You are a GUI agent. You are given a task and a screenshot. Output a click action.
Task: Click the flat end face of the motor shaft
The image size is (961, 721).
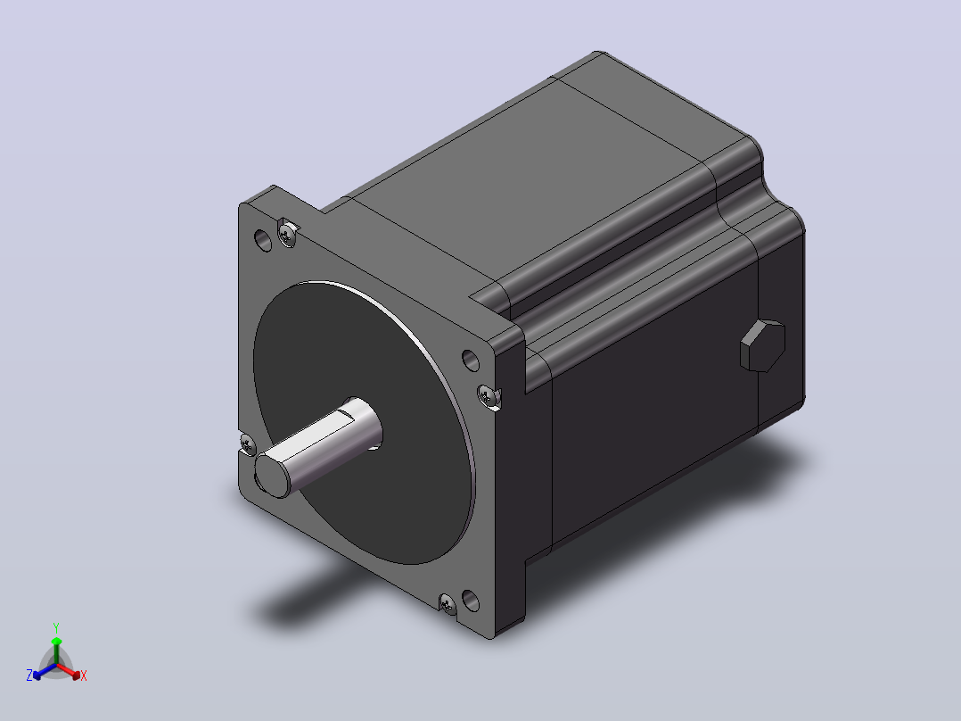click(272, 475)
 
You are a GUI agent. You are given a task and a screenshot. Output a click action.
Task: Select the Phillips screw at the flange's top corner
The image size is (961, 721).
click(287, 233)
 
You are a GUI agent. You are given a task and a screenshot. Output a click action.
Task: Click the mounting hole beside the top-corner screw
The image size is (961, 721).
click(262, 240)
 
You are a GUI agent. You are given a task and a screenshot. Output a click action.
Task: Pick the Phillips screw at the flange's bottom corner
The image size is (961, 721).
click(448, 604)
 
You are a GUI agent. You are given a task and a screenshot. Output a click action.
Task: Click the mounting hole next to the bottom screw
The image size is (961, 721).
click(470, 601)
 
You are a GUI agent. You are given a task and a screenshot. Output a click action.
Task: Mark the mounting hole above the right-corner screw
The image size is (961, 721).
click(470, 360)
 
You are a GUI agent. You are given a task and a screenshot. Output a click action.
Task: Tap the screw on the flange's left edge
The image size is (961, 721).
click(247, 443)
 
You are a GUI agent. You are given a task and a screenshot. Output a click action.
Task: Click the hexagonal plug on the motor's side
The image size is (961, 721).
click(762, 345)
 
